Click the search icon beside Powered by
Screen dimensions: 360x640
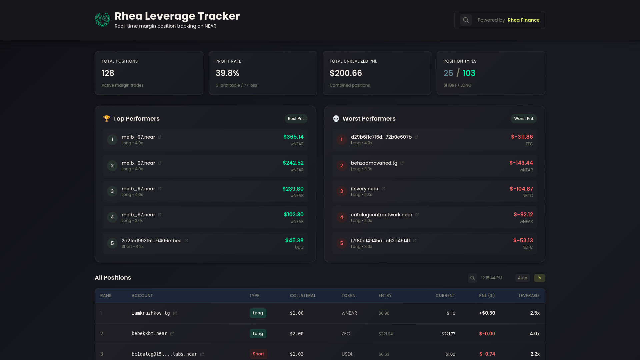pos(466,20)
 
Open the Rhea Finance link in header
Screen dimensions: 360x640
pos(523,20)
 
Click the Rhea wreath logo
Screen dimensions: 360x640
pos(103,20)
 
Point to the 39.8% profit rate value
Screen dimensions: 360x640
pos(227,73)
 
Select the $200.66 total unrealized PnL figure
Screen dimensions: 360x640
pos(346,73)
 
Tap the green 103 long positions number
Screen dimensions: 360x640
pos(469,73)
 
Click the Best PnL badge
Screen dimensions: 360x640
pos(296,119)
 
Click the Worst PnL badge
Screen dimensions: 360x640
pos(523,119)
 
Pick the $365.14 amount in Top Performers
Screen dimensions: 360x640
pos(293,137)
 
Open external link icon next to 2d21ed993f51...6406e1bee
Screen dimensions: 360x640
pos(186,241)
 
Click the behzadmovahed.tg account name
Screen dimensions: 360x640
pos(374,163)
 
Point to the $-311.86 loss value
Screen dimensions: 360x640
pos(522,137)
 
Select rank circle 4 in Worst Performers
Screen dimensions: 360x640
pos(341,217)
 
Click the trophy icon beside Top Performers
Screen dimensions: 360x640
pos(107,119)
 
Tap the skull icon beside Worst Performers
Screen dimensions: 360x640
pos(336,119)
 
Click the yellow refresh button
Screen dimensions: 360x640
pos(539,278)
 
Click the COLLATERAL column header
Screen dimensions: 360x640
pos(303,296)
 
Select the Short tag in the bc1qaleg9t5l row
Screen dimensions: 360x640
pos(258,354)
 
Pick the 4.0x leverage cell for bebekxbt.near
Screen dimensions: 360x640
pos(535,334)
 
